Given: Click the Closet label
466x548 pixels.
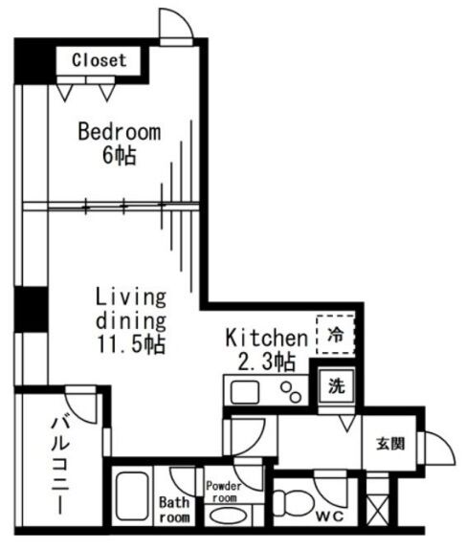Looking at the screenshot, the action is pos(99,60).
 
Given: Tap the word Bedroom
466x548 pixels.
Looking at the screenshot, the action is pos(120,132).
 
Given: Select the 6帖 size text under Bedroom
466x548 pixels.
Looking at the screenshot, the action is pos(119,155).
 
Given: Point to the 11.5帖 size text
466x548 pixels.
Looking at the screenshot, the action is pos(131,344).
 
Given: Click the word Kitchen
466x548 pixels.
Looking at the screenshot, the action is pos(266,338).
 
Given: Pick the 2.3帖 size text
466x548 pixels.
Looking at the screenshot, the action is pos(266,362).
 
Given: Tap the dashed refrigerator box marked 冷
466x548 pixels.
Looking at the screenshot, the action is pos(336,335).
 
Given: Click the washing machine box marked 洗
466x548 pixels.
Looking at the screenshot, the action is pos(336,385).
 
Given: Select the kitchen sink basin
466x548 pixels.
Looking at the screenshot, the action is pos(245,392).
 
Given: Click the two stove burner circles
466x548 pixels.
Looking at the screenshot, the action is pos(291,392).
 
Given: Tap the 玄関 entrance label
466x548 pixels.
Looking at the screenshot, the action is pos(390,444).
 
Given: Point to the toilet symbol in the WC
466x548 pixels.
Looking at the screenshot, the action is pos(293,504).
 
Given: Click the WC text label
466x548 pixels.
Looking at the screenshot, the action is pos(330,516).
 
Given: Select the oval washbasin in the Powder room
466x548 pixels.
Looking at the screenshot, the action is pos(226,516).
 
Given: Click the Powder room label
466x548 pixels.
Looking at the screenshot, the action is pos(224,492).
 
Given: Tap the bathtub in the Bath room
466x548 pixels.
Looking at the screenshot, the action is pos(132,496).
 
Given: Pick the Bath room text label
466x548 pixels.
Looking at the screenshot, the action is pos(174,510).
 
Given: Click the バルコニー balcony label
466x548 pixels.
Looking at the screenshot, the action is pos(60,465).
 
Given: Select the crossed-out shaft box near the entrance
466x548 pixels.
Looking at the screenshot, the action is pos(378,511).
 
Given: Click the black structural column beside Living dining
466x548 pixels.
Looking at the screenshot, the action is pos(31,309).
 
